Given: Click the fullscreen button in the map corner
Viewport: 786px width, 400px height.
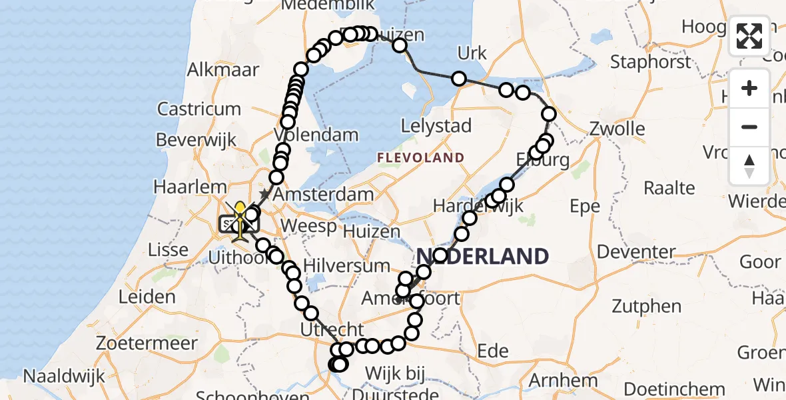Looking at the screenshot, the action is click(749, 35).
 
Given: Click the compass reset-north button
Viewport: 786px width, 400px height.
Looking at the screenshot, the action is click(749, 167).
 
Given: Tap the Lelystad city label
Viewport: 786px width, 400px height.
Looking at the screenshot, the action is click(436, 125).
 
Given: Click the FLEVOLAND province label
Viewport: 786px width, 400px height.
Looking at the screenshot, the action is click(420, 158).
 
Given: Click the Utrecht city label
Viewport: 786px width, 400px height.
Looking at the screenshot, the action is click(332, 329).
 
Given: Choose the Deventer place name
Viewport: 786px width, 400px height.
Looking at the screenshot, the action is click(637, 252).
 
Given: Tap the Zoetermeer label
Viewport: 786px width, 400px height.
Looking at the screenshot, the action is click(147, 344).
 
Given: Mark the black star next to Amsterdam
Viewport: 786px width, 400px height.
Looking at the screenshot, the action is click(265, 194).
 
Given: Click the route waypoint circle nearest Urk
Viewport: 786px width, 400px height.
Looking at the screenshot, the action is click(458, 79).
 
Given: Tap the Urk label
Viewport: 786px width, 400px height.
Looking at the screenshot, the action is click(472, 53).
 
